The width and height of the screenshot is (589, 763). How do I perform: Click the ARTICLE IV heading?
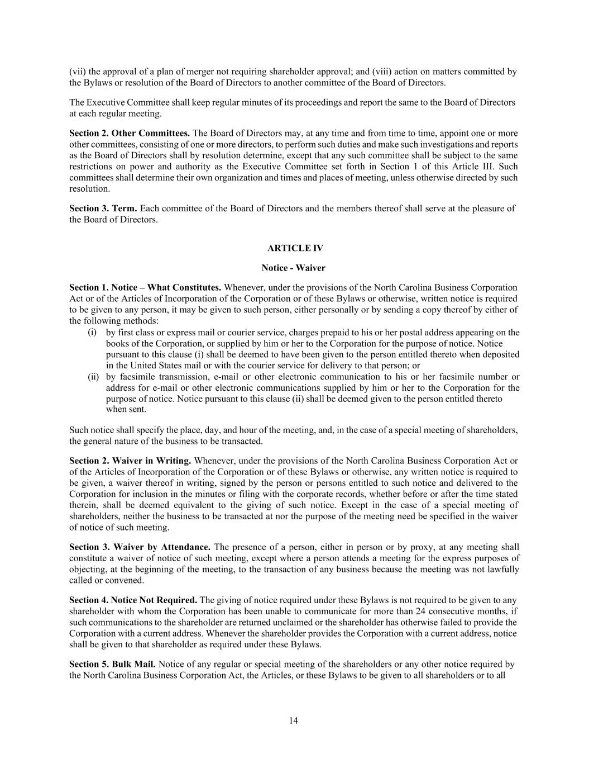pyautogui.click(x=295, y=248)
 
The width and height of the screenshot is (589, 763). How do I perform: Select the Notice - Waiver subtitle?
pyautogui.click(x=294, y=268)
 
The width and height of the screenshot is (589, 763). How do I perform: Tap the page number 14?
pyautogui.click(x=294, y=721)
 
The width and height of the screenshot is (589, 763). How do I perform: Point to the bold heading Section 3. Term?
pyautogui.click(x=103, y=208)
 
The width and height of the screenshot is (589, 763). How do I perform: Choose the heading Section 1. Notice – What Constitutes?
pyautogui.click(x=145, y=288)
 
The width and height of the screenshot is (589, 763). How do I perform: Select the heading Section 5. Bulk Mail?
pyautogui.click(x=112, y=665)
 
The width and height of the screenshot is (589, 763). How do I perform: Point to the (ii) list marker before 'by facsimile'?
pyautogui.click(x=93, y=377)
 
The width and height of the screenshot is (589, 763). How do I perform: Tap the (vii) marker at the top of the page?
pyautogui.click(x=78, y=72)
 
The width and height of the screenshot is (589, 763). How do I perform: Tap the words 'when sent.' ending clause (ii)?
pyautogui.click(x=126, y=409)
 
